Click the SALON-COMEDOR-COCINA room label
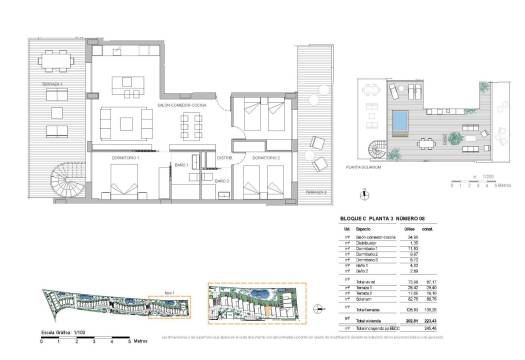182,104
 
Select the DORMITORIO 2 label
265,158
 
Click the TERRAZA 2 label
316,191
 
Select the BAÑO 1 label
182,163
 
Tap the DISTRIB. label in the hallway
225,157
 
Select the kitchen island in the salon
134,82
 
